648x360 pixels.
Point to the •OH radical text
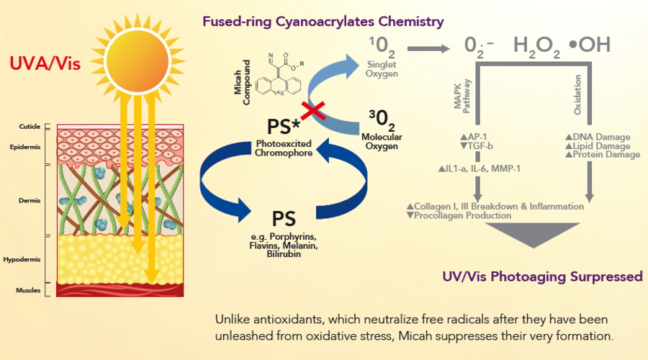point(588,45)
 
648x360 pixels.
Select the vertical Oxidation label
point(577,101)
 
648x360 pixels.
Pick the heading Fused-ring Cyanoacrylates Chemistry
point(323,22)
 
